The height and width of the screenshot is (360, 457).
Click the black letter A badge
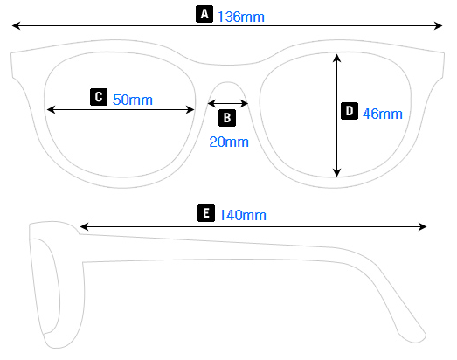[204, 14]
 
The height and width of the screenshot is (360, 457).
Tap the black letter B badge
[226, 117]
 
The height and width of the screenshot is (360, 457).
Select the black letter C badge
[98, 97]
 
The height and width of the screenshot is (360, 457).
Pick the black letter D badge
[349, 111]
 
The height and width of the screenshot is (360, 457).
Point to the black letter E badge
[205, 213]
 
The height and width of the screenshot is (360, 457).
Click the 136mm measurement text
[241, 16]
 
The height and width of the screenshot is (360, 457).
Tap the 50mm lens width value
[132, 100]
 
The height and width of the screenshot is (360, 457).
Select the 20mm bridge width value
[228, 142]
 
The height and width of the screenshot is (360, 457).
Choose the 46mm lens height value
[382, 114]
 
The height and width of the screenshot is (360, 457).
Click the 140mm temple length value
[242, 215]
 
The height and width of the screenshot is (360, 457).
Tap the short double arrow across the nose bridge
[227, 103]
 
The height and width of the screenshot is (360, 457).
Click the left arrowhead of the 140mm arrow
[83, 227]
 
